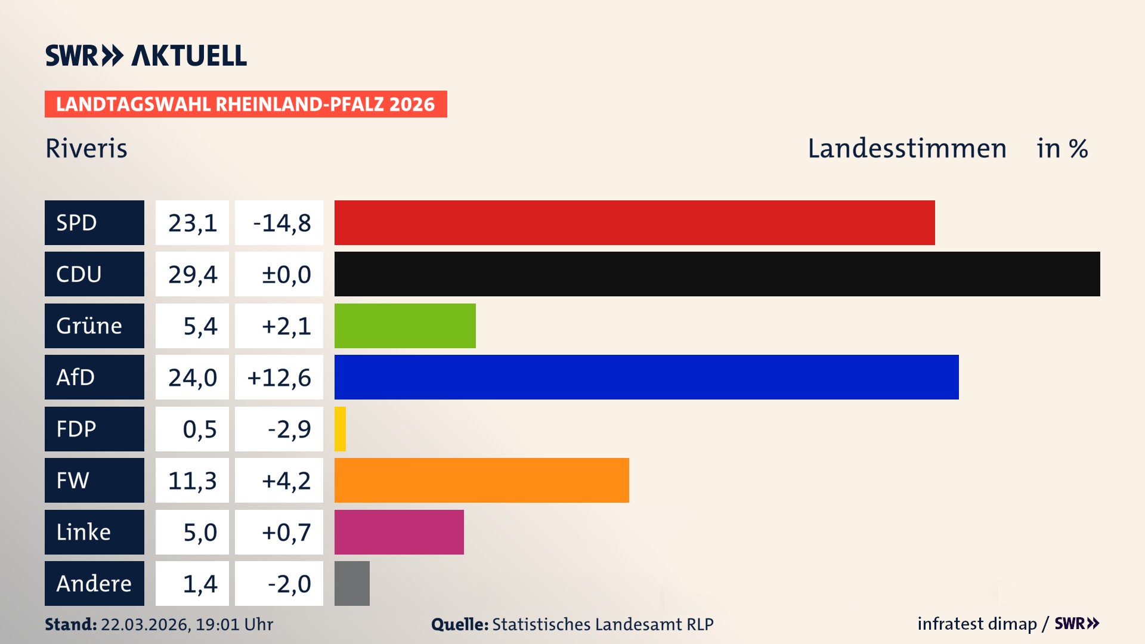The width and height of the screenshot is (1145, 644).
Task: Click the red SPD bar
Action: coord(635,222)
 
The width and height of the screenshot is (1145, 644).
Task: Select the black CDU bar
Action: coord(717,274)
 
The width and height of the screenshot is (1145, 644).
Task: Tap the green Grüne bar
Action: coord(405,326)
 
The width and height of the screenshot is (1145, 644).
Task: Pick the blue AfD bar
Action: coord(646,377)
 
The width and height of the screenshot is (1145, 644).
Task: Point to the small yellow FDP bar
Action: coord(340,429)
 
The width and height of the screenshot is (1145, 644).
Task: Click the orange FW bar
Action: coord(481,480)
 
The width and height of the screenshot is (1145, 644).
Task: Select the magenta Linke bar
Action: coord(399,532)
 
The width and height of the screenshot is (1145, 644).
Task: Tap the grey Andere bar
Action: coord(352,583)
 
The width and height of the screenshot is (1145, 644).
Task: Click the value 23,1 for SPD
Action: coord(192,223)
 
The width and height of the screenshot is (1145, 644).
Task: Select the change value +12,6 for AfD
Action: coord(279,377)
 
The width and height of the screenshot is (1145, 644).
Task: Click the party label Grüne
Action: coord(89,326)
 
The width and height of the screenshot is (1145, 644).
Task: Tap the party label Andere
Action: coord(94,583)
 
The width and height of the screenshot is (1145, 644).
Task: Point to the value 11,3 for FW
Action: coord(192,481)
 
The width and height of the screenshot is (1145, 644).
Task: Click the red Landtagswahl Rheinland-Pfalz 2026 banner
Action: coord(246,104)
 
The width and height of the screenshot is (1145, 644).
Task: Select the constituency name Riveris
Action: coord(86,148)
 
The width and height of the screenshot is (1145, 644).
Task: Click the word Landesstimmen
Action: coord(906,148)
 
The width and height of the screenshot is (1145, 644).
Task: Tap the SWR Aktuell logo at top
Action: coord(146,55)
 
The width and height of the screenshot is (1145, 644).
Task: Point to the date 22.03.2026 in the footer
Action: coord(145,624)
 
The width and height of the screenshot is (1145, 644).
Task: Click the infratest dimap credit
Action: coord(977,624)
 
